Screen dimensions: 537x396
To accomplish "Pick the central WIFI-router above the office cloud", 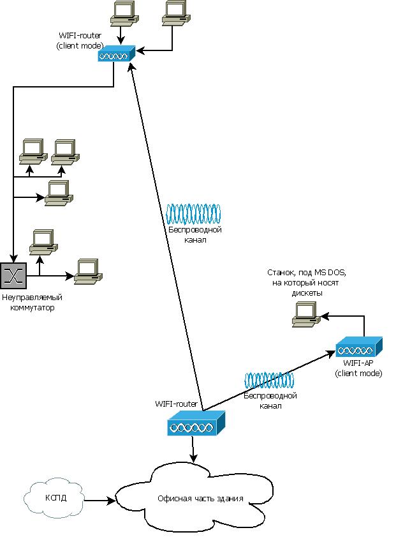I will click(196, 423).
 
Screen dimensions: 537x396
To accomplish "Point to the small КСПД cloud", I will click(54, 498).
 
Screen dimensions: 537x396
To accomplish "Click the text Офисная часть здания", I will click(200, 499).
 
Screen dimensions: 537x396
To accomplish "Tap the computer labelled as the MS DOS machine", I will click(305, 314).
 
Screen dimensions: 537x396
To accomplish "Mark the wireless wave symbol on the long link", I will click(193, 212).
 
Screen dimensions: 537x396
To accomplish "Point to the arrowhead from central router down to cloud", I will click(194, 459).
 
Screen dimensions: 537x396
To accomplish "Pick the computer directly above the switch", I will click(42, 241).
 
